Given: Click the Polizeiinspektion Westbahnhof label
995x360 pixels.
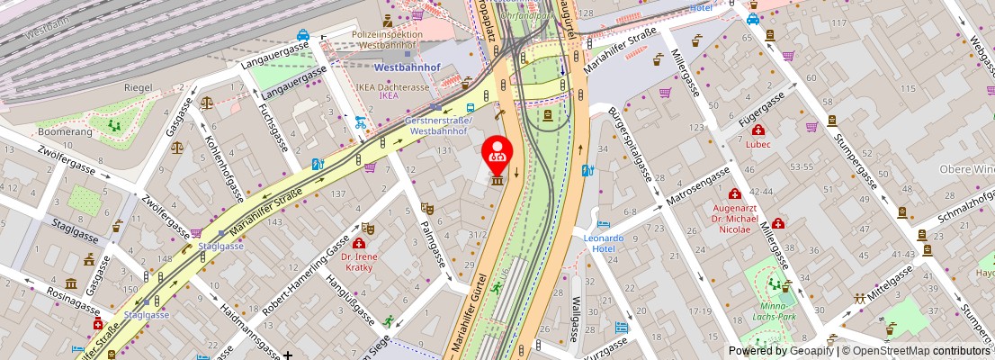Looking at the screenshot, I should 387,39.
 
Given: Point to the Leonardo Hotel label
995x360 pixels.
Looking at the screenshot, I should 603,243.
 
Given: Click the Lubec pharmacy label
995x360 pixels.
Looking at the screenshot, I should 758,144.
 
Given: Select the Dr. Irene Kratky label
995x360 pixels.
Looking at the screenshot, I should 359,261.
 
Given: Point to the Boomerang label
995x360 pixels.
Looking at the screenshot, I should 65,132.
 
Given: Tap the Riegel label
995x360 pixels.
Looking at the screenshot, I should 138,87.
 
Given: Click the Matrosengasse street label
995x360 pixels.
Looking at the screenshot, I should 699,186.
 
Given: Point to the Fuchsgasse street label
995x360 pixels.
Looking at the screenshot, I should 270,130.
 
